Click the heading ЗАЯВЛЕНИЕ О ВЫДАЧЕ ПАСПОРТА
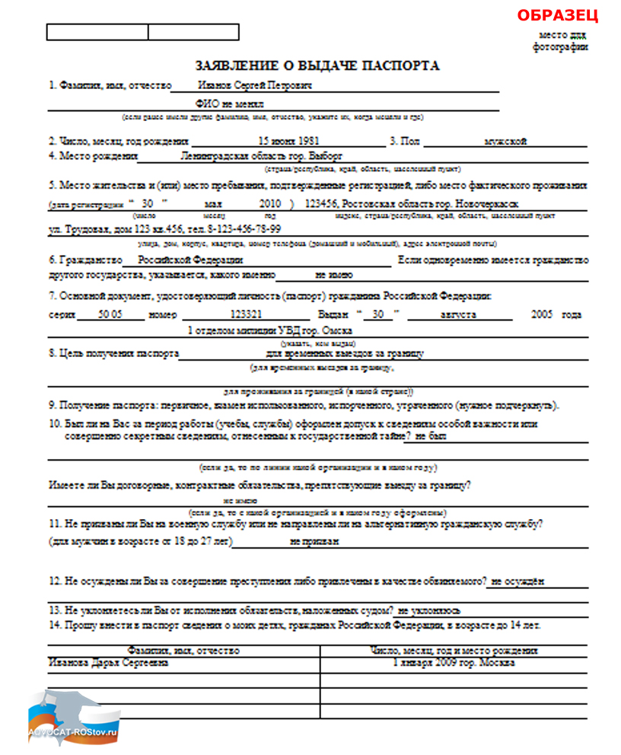tap(317, 66)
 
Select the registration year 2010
tap(270, 204)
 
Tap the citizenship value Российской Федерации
tap(185, 260)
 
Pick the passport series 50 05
tap(110, 314)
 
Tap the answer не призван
tap(314, 541)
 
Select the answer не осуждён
tap(517, 582)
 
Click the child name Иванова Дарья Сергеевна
tap(108, 662)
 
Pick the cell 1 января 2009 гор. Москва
tap(454, 662)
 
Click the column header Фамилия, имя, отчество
tap(183, 651)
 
